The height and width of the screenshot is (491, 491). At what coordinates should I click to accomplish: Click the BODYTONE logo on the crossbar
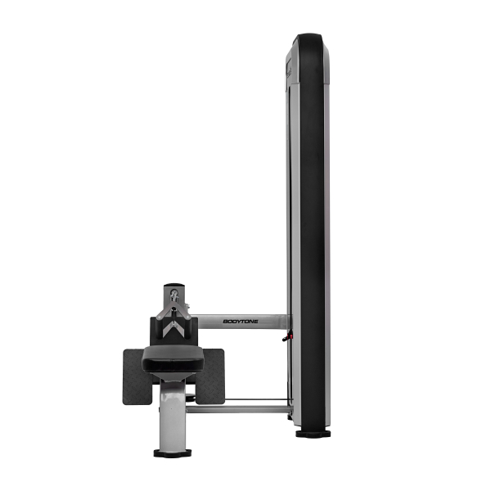click(x=241, y=322)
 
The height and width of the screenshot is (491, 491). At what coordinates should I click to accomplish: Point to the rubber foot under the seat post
click(x=172, y=453)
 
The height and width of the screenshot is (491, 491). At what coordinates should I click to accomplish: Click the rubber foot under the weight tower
click(x=313, y=434)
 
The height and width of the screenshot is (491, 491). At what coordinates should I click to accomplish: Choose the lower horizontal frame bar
click(x=239, y=409)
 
